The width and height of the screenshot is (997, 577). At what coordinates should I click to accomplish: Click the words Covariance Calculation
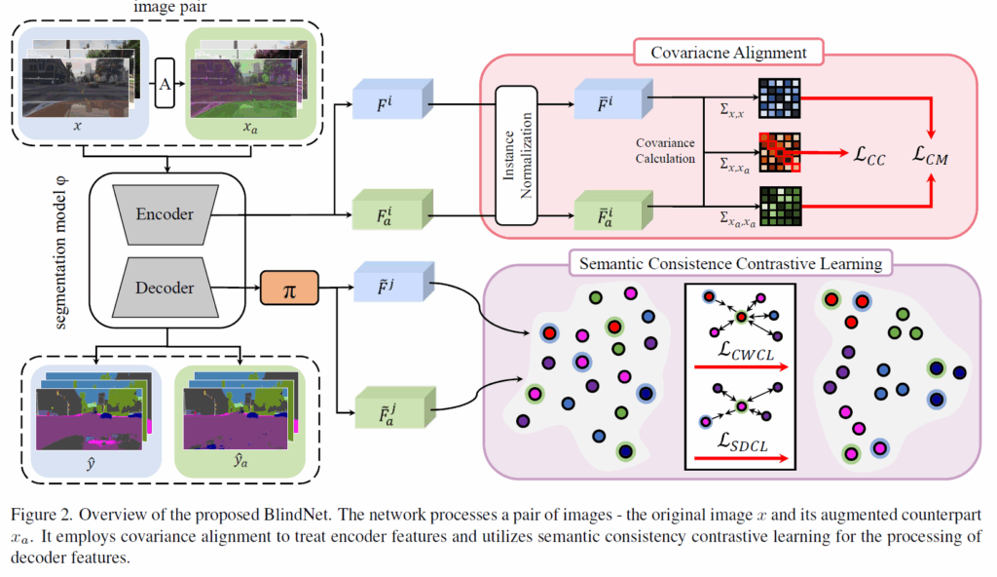point(666,152)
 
